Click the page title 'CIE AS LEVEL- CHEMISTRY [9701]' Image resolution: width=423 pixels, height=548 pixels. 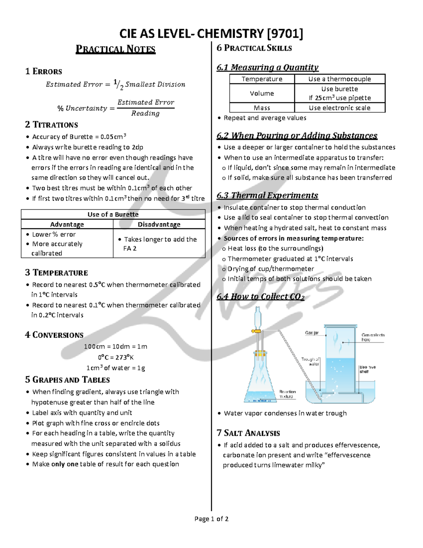tap(211, 34)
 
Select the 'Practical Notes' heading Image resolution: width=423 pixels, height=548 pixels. tap(116, 49)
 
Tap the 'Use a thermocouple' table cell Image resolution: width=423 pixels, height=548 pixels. tap(339, 79)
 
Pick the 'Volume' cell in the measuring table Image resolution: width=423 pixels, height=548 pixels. tap(262, 94)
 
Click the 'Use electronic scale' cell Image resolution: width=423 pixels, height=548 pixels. tap(339, 108)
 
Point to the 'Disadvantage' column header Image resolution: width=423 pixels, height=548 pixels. tap(159, 224)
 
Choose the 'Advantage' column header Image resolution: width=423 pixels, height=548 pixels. tap(67, 224)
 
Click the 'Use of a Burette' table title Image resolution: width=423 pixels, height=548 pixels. tap(113, 215)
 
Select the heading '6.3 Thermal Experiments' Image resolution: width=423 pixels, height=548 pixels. tap(267, 195)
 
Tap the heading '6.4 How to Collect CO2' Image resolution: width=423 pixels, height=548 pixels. tap(260, 296)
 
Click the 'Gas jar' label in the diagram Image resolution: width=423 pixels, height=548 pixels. tap(312, 333)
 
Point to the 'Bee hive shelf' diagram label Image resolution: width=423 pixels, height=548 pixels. tap(367, 369)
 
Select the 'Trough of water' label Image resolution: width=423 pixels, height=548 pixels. tap(311, 361)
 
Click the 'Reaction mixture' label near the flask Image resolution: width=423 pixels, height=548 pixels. tap(287, 394)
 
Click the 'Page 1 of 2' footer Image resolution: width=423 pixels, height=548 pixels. tap(211, 519)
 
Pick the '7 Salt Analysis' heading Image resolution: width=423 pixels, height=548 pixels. tap(248, 433)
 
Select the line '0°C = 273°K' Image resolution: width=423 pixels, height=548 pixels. tap(116, 357)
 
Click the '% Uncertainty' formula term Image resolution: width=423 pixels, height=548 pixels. tap(82, 108)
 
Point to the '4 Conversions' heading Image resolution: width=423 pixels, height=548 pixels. tap(54, 335)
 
